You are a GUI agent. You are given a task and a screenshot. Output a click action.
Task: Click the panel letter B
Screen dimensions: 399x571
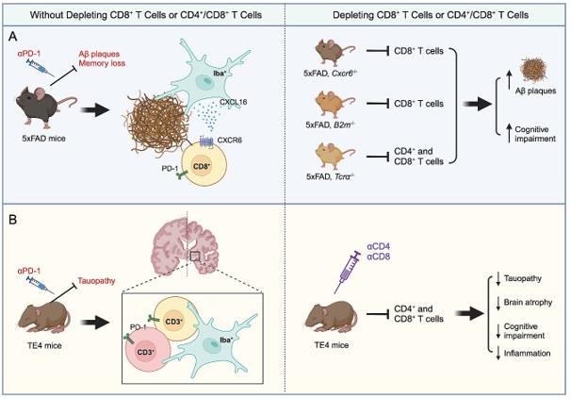click(x=12, y=226)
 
